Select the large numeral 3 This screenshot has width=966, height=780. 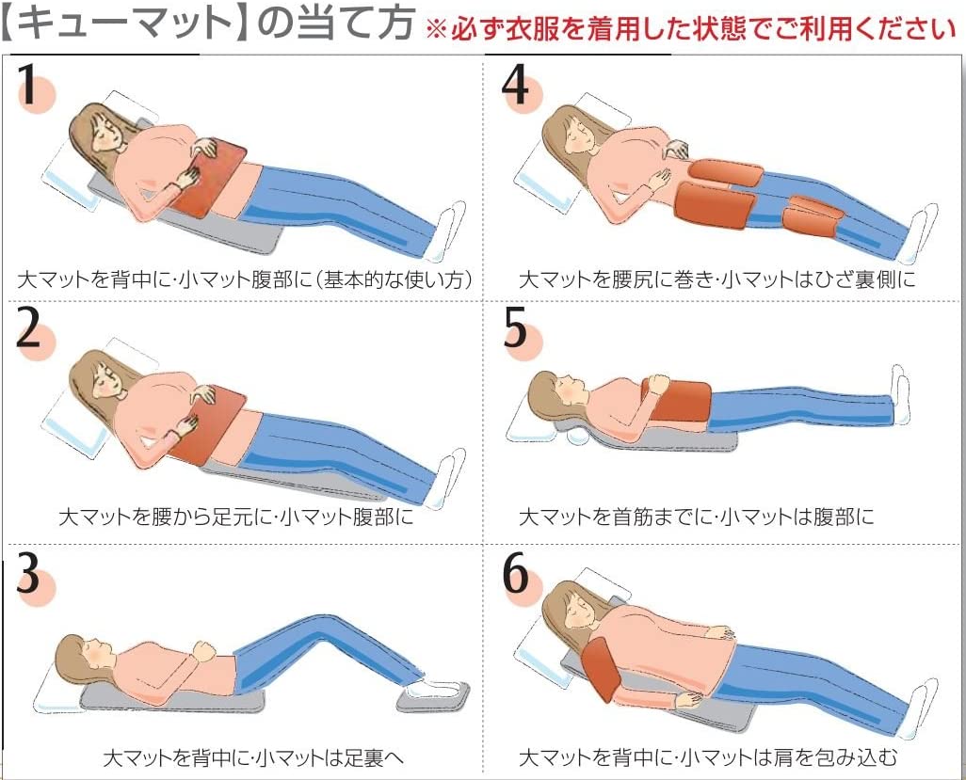pyautogui.click(x=28, y=571)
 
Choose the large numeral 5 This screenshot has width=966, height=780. pyautogui.click(x=515, y=326)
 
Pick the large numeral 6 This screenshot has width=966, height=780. pyautogui.click(x=516, y=571)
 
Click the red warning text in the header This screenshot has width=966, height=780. pyautogui.click(x=691, y=28)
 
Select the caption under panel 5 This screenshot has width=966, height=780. pyautogui.click(x=696, y=516)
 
